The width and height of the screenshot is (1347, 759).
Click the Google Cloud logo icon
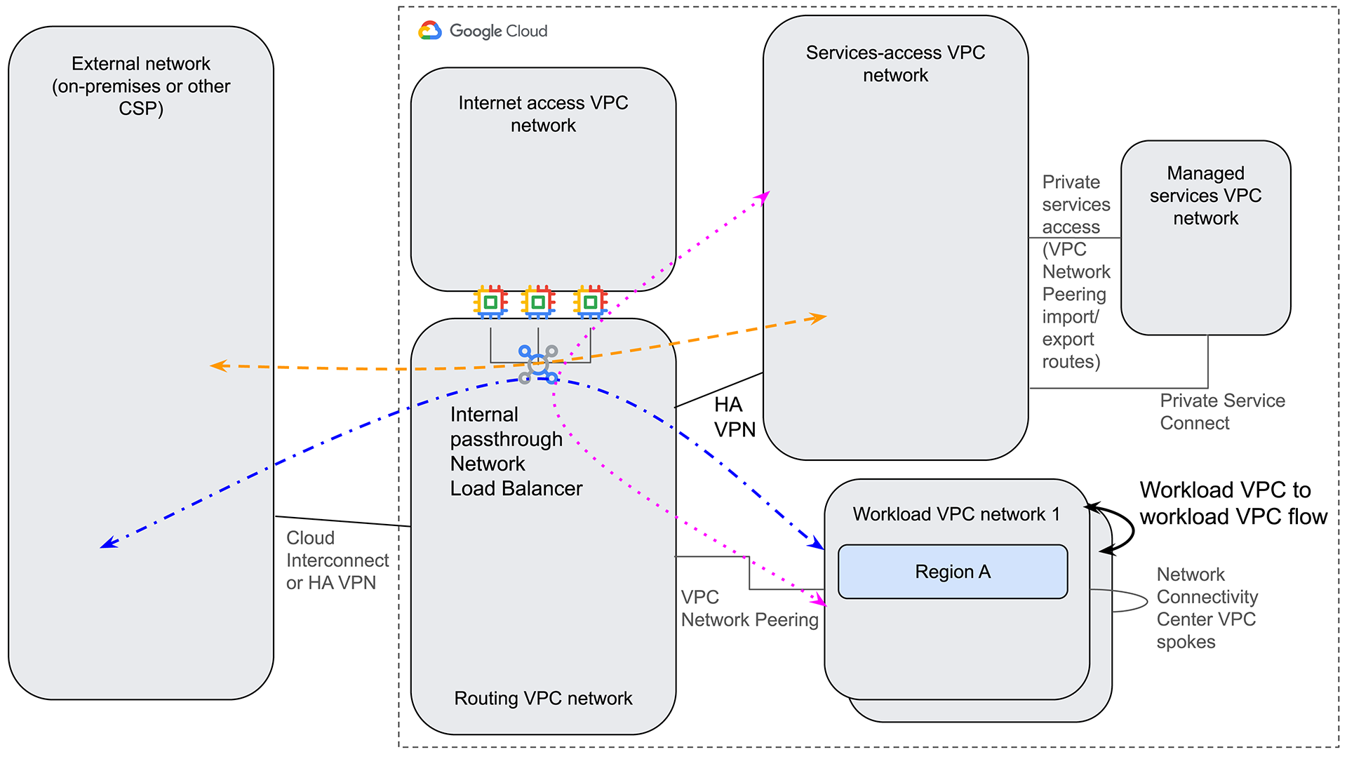430,30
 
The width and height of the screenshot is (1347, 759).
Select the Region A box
952,572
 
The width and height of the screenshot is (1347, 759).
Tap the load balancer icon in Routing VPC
538,364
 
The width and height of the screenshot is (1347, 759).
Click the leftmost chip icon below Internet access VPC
490,302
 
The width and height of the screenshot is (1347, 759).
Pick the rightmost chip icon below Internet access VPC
590,302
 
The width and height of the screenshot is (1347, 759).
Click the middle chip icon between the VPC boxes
538,302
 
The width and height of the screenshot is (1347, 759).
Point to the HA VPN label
734,417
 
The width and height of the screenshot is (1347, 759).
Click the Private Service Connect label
1221,412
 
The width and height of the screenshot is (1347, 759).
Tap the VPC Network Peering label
749,608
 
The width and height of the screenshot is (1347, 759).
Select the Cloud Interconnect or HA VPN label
337,560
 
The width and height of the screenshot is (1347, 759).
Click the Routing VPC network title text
543,698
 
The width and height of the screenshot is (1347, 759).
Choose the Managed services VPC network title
1205,195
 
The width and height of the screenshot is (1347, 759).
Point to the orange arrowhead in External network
218,365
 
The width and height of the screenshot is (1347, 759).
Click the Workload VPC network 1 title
956,514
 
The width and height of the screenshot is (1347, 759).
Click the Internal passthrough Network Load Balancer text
516,451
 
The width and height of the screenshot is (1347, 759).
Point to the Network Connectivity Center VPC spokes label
1207,607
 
